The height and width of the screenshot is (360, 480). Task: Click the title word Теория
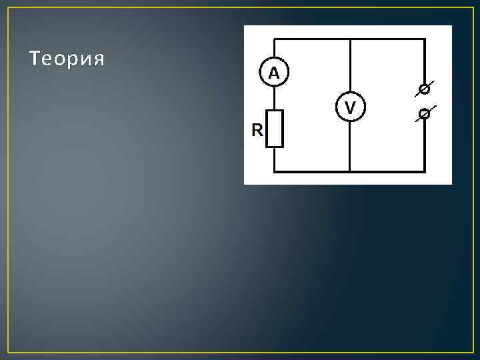pyautogui.click(x=67, y=59)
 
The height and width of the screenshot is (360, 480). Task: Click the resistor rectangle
pyautogui.click(x=275, y=129)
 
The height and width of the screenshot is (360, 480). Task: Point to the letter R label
pyautogui.click(x=257, y=131)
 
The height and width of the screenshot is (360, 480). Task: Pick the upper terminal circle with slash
pyautogui.click(x=423, y=88)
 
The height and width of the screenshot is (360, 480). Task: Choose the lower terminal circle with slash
pyautogui.click(x=423, y=114)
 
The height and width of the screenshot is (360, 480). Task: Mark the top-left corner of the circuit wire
pyautogui.click(x=275, y=39)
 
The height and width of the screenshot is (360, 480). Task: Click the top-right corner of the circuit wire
pyautogui.click(x=424, y=39)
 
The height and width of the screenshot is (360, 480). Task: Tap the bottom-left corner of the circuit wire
pyautogui.click(x=275, y=171)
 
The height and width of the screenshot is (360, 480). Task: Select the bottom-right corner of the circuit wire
pyautogui.click(x=424, y=171)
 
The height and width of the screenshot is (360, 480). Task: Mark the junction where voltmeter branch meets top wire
pyautogui.click(x=350, y=39)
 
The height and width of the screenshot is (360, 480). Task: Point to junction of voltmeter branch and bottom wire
pyautogui.click(x=350, y=171)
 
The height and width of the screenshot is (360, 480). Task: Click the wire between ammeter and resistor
pyautogui.click(x=275, y=99)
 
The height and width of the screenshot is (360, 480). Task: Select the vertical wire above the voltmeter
pyautogui.click(x=350, y=67)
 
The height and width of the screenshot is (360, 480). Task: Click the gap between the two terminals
pyautogui.click(x=423, y=101)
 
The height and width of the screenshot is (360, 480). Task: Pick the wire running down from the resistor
pyautogui.click(x=275, y=159)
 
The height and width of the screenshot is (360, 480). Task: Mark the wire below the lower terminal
pyautogui.click(x=424, y=143)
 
